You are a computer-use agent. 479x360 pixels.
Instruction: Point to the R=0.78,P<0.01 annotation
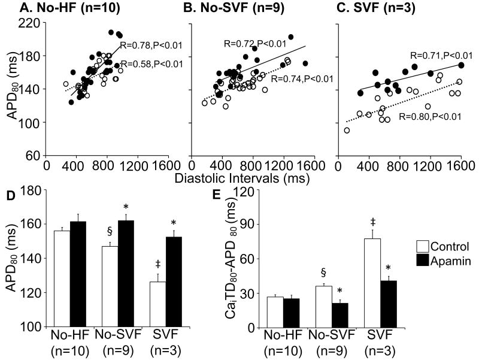click(151, 45)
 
